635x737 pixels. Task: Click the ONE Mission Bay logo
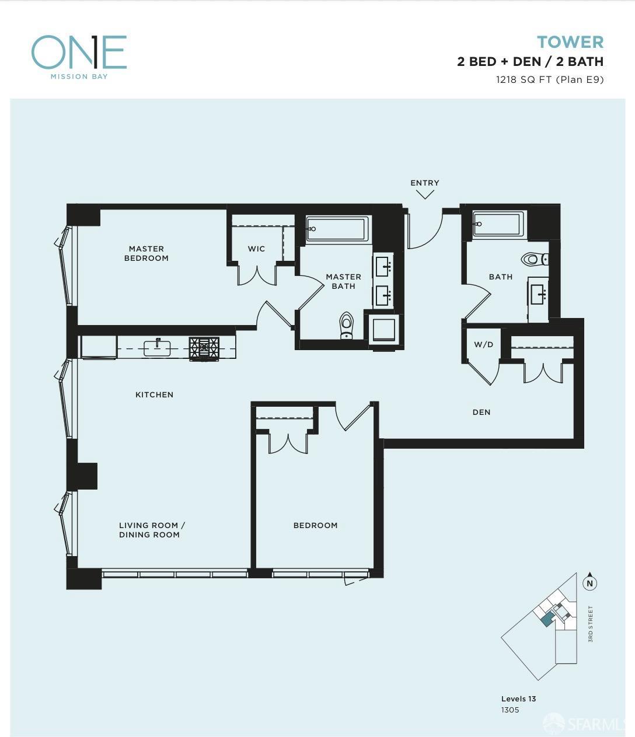pos(79,57)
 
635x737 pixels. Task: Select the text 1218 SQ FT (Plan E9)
pos(550,79)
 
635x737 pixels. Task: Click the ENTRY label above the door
pos(425,183)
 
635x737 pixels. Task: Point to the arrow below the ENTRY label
pos(425,194)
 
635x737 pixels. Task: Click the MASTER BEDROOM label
pos(146,253)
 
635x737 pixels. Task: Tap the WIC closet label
pos(256,249)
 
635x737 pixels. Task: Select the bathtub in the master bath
pos(337,229)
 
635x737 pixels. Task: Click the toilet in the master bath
pos(346,325)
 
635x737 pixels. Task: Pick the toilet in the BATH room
pos(534,259)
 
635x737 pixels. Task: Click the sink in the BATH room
pos(538,294)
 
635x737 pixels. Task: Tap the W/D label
pos(483,344)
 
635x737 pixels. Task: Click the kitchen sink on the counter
pos(157,348)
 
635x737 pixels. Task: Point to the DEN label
pos(482,412)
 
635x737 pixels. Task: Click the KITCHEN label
pos(155,394)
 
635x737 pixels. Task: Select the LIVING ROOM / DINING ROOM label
pos(152,530)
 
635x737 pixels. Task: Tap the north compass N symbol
pos(589,584)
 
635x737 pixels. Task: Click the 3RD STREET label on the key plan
pos(591,624)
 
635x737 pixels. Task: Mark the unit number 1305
pos(510,710)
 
